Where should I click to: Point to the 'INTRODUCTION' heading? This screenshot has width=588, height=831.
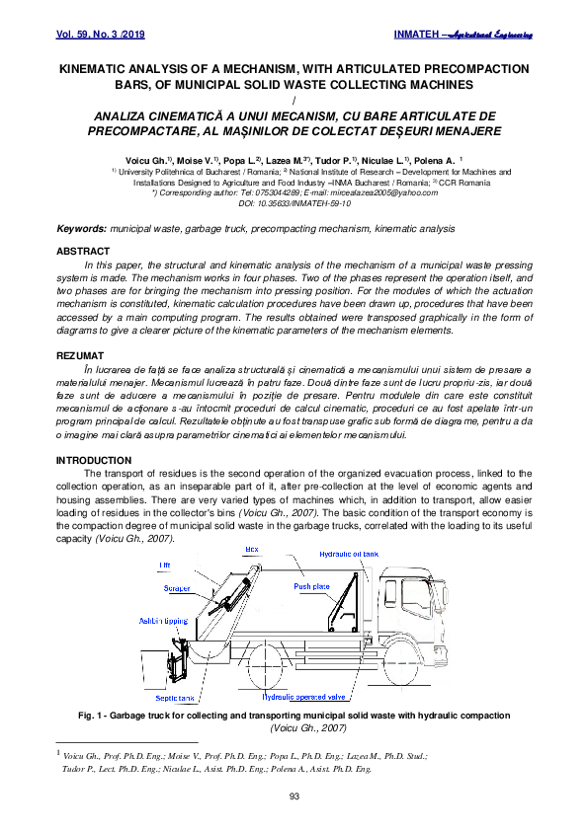tap(93, 460)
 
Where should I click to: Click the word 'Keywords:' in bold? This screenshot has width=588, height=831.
tap(82, 228)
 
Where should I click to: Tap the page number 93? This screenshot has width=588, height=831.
tap(294, 795)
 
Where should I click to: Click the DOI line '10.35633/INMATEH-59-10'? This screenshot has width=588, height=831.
tap(294, 203)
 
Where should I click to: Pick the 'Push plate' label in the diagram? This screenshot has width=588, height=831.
tap(311, 586)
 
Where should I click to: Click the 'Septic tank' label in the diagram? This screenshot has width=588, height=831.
tap(179, 697)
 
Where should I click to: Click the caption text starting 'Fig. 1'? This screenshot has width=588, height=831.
tap(294, 715)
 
